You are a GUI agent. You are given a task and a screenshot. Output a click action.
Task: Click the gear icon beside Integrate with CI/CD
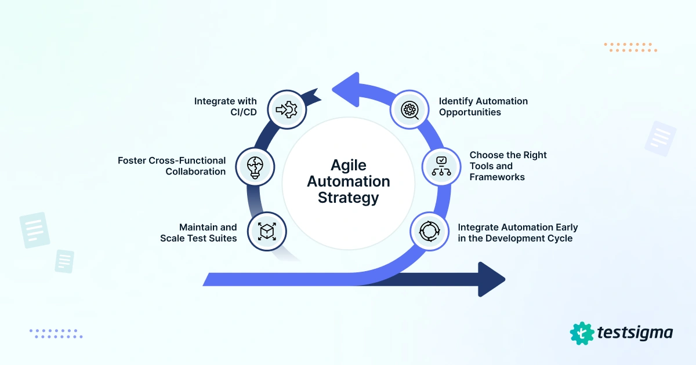pos(287,108)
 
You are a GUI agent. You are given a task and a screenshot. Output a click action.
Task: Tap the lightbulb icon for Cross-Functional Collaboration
pos(255,166)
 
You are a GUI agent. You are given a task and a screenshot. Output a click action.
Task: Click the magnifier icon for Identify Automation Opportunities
pos(410,108)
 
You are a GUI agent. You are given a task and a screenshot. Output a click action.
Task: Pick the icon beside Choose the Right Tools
pos(440,166)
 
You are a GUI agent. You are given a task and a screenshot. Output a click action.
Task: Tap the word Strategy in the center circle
pos(349,198)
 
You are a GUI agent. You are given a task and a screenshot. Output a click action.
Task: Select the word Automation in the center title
pos(349,181)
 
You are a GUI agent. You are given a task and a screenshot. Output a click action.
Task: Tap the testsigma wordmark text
pos(635,333)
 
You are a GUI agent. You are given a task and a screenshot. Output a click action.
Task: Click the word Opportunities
pos(470,112)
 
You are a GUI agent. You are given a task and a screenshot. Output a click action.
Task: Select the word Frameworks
pos(497,177)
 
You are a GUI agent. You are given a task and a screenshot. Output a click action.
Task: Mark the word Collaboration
pos(195,171)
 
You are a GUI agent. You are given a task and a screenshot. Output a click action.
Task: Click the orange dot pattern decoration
pos(630,47)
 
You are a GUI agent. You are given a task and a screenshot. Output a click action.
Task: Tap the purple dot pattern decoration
pos(56,333)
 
